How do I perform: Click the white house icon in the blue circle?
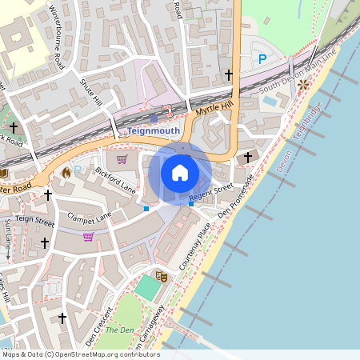[180, 172]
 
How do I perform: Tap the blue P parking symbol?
[262, 58]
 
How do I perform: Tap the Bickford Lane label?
[116, 180]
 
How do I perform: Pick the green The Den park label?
[120, 330]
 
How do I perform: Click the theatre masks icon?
[162, 276]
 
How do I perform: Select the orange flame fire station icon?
[66, 171]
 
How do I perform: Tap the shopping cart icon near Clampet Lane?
[88, 236]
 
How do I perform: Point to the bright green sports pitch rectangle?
[147, 288]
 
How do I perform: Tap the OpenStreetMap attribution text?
[80, 354]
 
